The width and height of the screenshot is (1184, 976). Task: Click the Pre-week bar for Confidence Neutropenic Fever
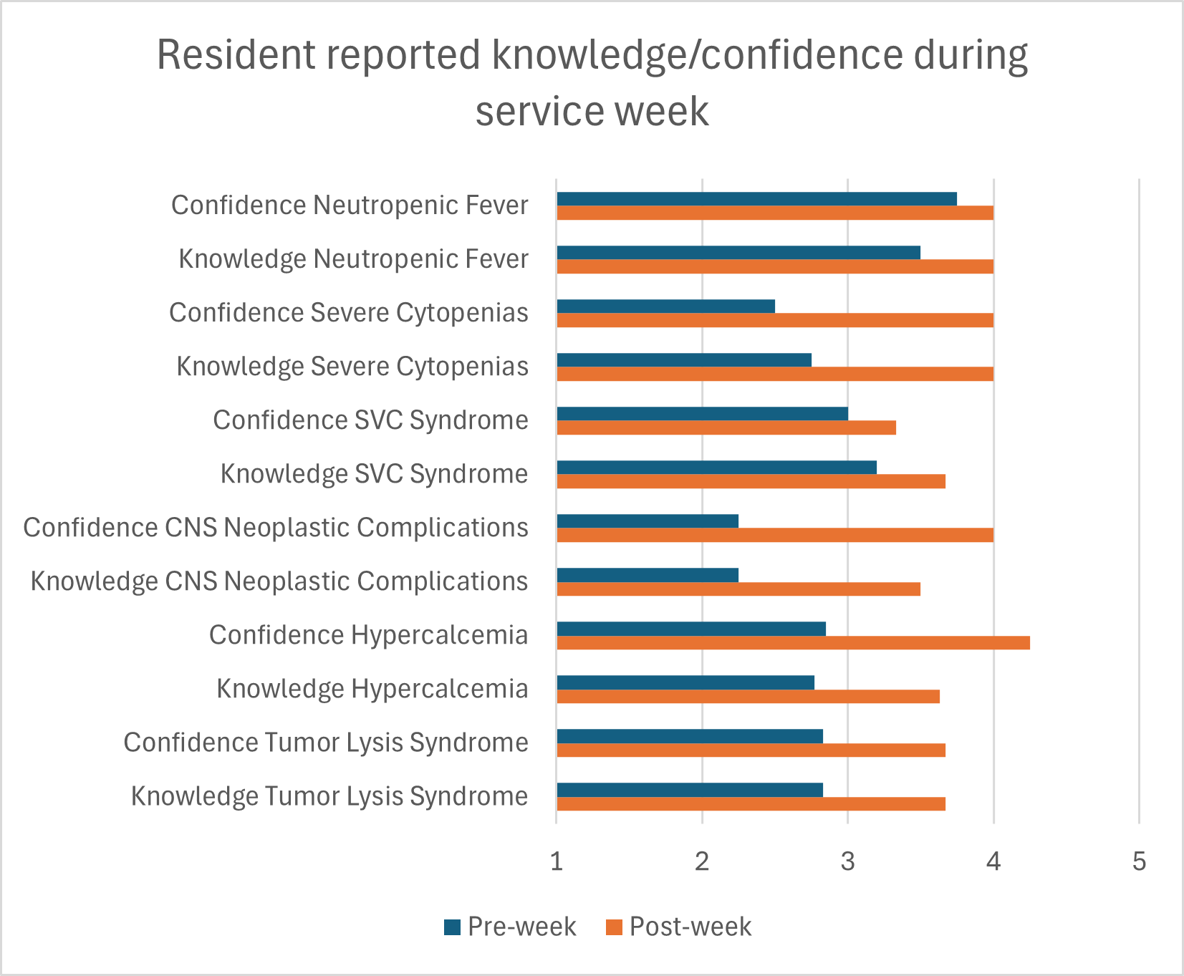pyautogui.click(x=756, y=199)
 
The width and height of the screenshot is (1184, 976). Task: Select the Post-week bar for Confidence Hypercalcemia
pyautogui.click(x=793, y=643)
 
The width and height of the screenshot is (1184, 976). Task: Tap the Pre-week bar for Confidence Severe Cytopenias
pyautogui.click(x=665, y=306)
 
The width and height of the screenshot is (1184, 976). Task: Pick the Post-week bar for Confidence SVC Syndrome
pyautogui.click(x=726, y=428)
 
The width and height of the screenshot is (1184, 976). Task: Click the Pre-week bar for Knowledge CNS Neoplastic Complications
pyautogui.click(x=648, y=575)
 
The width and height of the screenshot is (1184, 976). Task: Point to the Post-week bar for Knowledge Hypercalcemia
pyautogui.click(x=748, y=697)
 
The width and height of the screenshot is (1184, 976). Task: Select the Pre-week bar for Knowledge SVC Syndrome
pyautogui.click(x=716, y=468)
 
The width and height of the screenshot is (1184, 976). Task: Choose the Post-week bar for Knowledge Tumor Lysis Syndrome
pyautogui.click(x=751, y=804)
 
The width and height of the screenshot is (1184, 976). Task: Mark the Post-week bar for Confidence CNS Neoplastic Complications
pyautogui.click(x=775, y=536)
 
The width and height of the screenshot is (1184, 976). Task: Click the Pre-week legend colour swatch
pyautogui.click(x=452, y=927)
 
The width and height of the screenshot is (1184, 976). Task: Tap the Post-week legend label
pyautogui.click(x=690, y=927)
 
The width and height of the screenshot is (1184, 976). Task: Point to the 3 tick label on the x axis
pyautogui.click(x=848, y=861)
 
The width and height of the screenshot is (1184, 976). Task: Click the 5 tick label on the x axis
pyautogui.click(x=1139, y=861)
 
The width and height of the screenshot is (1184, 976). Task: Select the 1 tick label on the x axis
pyautogui.click(x=557, y=861)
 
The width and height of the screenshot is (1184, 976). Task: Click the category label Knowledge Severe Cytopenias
pyautogui.click(x=352, y=367)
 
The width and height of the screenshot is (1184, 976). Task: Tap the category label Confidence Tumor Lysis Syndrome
pyautogui.click(x=326, y=743)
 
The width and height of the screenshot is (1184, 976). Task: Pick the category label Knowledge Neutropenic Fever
pyautogui.click(x=353, y=259)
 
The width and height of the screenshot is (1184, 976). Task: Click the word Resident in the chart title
pyautogui.click(x=236, y=56)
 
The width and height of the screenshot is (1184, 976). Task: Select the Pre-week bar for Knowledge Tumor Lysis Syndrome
pyautogui.click(x=690, y=790)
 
